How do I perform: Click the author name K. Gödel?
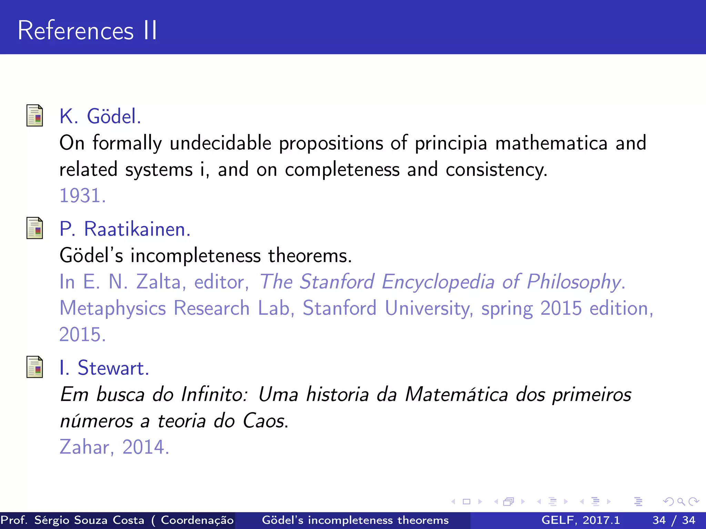[100, 116]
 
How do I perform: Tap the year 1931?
[82, 196]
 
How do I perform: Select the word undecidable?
[221, 143]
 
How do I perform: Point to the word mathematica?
[551, 143]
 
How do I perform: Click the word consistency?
[496, 170]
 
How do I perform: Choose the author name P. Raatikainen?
[125, 229]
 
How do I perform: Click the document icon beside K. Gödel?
[35, 116]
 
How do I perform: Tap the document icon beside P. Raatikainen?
[35, 228]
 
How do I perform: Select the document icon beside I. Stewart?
[35, 367]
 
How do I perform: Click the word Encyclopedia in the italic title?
[438, 282]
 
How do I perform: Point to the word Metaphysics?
[112, 308]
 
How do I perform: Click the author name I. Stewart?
[104, 368]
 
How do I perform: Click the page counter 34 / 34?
[674, 520]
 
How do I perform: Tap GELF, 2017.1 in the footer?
[581, 520]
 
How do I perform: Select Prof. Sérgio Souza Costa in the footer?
[72, 520]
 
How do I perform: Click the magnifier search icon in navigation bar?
[681, 501]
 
